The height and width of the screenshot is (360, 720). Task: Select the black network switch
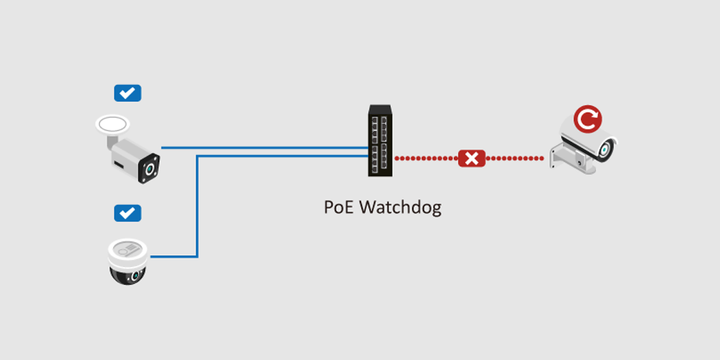(x=380, y=141)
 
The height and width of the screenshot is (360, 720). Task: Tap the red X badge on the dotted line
(x=472, y=158)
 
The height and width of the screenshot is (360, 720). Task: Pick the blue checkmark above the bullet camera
(x=127, y=93)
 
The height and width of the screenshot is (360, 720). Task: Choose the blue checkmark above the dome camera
(x=127, y=213)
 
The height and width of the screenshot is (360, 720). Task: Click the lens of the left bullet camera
(x=150, y=169)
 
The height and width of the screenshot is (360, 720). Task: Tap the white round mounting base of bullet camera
(x=112, y=124)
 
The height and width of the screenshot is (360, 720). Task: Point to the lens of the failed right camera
(x=605, y=150)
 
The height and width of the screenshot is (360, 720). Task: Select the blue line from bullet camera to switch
(x=262, y=148)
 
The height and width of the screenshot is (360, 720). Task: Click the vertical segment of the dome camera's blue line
(x=197, y=206)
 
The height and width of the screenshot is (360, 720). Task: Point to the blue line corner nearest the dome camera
(x=197, y=256)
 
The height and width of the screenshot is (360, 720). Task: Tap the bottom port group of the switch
(x=380, y=157)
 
